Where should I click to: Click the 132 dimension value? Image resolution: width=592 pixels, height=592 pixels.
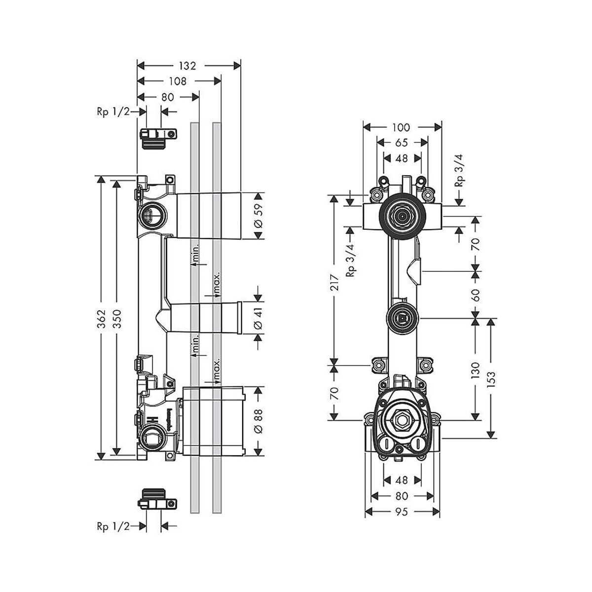coord(187,66)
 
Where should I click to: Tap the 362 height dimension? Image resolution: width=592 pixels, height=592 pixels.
coord(101,316)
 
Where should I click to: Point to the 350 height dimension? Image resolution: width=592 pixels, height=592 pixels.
coord(116,316)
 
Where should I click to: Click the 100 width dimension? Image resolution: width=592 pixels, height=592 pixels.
coord(401,127)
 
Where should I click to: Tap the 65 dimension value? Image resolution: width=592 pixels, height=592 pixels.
coord(401,143)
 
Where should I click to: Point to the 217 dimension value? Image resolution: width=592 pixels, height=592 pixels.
coord(334,281)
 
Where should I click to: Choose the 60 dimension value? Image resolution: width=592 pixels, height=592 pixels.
coord(476,295)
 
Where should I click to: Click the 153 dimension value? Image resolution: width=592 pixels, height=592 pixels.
coord(491,377)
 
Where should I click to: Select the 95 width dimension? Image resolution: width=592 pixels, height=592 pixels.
coord(402,512)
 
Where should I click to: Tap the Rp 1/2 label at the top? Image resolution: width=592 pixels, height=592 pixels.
coord(113,112)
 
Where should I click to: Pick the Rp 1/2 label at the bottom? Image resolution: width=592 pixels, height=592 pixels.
coord(113,527)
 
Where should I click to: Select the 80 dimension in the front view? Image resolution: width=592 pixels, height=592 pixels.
coord(402,496)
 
